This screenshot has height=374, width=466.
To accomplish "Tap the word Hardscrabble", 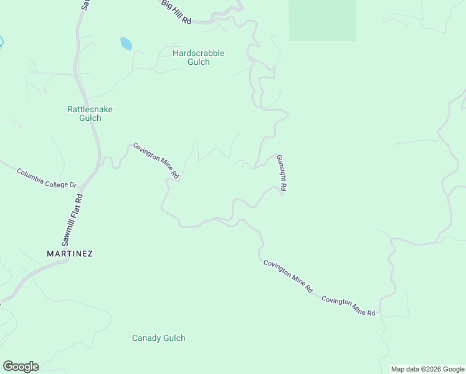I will [198, 54].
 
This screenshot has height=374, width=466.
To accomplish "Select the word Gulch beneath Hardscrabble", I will [198, 62].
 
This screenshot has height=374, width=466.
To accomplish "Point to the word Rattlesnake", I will [90, 109].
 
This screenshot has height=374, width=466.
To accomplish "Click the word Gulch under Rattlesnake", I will [90, 118].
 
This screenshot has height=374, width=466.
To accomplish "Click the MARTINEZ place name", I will [70, 254].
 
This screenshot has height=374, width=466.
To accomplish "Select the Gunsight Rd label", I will [282, 173].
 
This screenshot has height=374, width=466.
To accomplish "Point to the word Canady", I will [146, 338].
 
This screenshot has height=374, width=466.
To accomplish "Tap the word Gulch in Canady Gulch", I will [174, 338].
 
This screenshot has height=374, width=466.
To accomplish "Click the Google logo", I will [21, 367].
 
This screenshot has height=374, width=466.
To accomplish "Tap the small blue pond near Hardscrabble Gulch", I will [126, 44].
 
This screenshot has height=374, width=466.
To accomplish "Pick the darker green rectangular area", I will [322, 20].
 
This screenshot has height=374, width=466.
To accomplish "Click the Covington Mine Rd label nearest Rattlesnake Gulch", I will [156, 161].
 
